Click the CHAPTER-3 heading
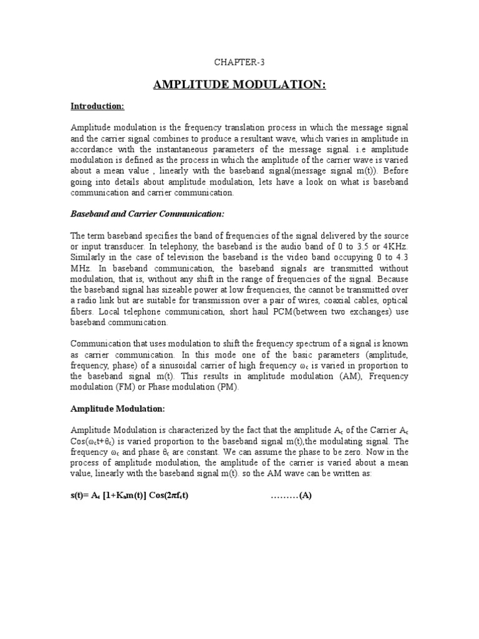coord(239,63)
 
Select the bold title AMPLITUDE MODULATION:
coord(239,84)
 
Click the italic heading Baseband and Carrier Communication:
coord(147,214)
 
